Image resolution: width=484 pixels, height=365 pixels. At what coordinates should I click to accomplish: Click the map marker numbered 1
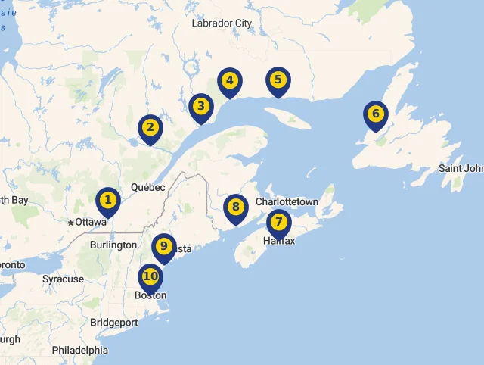pos(108,201)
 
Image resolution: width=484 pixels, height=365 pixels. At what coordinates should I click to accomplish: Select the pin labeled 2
pos(150,128)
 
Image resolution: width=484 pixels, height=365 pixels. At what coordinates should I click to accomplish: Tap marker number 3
pos(200,107)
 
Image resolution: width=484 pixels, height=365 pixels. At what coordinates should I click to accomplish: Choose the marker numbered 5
pos(278,80)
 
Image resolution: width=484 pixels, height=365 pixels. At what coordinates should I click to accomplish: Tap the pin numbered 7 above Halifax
pos(279,223)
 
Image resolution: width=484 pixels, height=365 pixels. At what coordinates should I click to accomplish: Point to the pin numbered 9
pos(163,247)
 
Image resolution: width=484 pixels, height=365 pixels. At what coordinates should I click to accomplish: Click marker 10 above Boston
pos(150,277)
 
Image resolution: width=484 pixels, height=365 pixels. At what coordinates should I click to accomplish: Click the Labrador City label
pos(222,23)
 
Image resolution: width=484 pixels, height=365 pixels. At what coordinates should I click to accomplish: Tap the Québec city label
pos(147,187)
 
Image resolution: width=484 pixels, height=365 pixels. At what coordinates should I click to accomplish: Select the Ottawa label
pos(91,223)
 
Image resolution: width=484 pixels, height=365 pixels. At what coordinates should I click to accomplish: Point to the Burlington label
pos(113,245)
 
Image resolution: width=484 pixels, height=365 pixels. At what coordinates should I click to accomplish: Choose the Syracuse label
pos(63,279)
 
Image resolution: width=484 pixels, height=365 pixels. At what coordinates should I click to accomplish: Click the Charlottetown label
pos(287,202)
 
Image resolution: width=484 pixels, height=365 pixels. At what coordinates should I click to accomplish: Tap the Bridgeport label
pos(114,323)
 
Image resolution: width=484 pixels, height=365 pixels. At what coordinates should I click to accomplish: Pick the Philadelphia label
pos(80,351)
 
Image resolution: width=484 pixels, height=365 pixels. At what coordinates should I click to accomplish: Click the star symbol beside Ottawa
pos(71,223)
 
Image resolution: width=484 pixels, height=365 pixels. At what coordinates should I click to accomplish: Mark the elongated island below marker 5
pos(290,118)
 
